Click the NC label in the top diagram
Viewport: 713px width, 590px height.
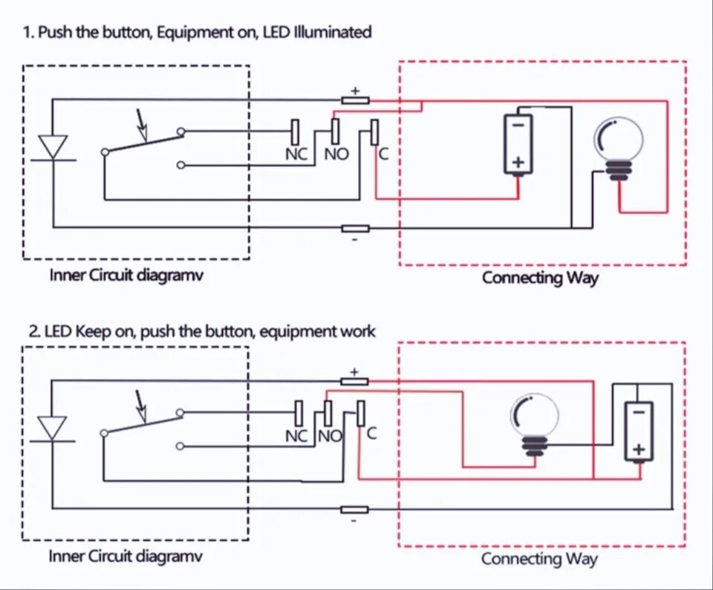point(296,155)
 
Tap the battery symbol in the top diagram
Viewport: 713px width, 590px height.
point(518,144)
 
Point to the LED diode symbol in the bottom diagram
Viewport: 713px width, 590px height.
point(53,429)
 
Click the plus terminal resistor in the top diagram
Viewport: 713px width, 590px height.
point(355,100)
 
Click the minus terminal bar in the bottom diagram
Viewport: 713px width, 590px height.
point(355,510)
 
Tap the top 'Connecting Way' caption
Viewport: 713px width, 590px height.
point(540,277)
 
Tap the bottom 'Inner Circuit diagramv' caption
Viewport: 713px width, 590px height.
point(126,556)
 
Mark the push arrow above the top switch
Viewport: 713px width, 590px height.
point(142,125)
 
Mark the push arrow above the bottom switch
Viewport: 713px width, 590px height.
point(141,406)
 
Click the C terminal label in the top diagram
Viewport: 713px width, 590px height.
point(384,155)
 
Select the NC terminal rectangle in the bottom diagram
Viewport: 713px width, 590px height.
point(299,413)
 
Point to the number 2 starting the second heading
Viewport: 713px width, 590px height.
point(33,331)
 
